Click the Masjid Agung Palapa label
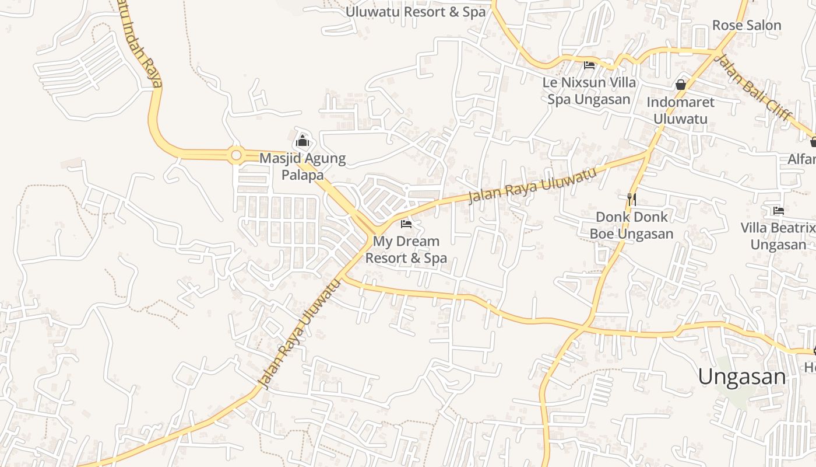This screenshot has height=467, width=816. (302, 166)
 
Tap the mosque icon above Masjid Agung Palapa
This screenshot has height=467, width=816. (302, 141)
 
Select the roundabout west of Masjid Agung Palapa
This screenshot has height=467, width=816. (236, 155)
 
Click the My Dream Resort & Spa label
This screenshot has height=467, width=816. (406, 249)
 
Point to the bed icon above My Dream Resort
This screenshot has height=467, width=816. (406, 224)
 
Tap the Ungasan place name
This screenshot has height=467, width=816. (741, 377)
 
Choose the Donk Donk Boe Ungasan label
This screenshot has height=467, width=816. (631, 225)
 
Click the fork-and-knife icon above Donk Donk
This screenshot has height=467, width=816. (631, 199)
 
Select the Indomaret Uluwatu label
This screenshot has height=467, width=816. (680, 110)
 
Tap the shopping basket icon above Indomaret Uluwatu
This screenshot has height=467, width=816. (680, 85)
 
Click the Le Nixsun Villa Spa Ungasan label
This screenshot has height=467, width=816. (589, 90)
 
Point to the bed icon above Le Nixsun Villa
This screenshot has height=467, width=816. (589, 65)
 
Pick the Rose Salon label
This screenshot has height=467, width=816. (747, 25)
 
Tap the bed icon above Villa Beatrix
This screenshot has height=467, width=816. (778, 210)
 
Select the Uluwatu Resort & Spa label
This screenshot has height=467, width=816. (416, 12)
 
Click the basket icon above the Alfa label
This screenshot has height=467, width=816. (813, 141)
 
